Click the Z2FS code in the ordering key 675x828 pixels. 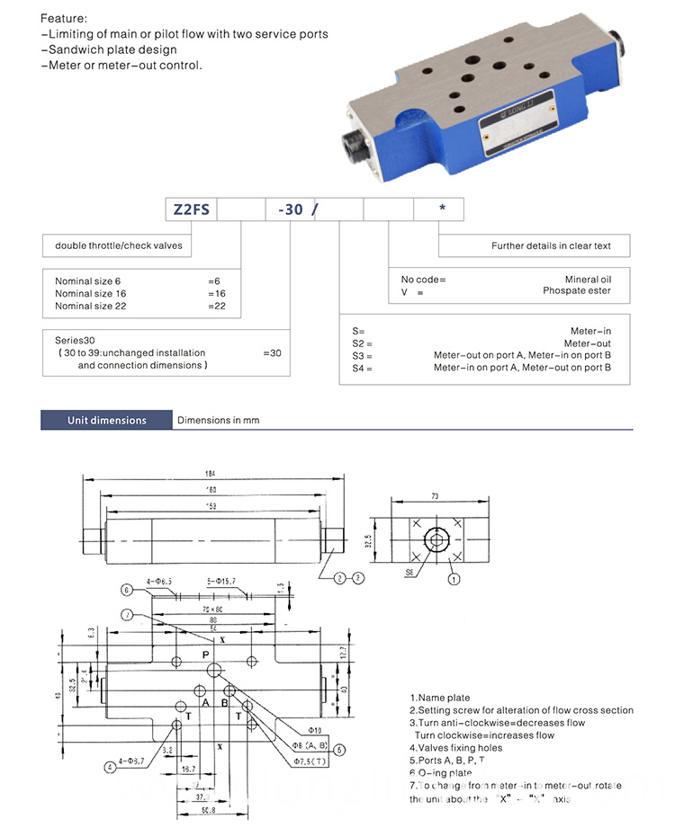pyautogui.click(x=191, y=209)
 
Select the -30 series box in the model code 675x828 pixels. pyautogui.click(x=290, y=209)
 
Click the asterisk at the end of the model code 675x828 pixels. pyautogui.click(x=441, y=209)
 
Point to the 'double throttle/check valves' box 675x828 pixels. pyautogui.click(x=119, y=245)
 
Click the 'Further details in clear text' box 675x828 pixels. pyautogui.click(x=550, y=245)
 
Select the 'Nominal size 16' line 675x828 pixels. pyautogui.click(x=91, y=293)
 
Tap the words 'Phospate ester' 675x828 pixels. pyautogui.click(x=576, y=290)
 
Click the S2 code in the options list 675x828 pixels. pyautogui.click(x=361, y=343)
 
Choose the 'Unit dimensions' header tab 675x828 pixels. pyautogui.click(x=106, y=420)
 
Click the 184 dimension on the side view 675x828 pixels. pyautogui.click(x=211, y=474)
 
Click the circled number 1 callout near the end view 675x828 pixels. pyautogui.click(x=454, y=579)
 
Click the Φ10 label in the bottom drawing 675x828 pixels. pyautogui.click(x=314, y=729)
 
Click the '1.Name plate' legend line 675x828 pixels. pyautogui.click(x=440, y=698)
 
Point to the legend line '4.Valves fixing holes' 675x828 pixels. pyautogui.click(x=457, y=747)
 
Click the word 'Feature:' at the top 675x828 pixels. pyautogui.click(x=65, y=18)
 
